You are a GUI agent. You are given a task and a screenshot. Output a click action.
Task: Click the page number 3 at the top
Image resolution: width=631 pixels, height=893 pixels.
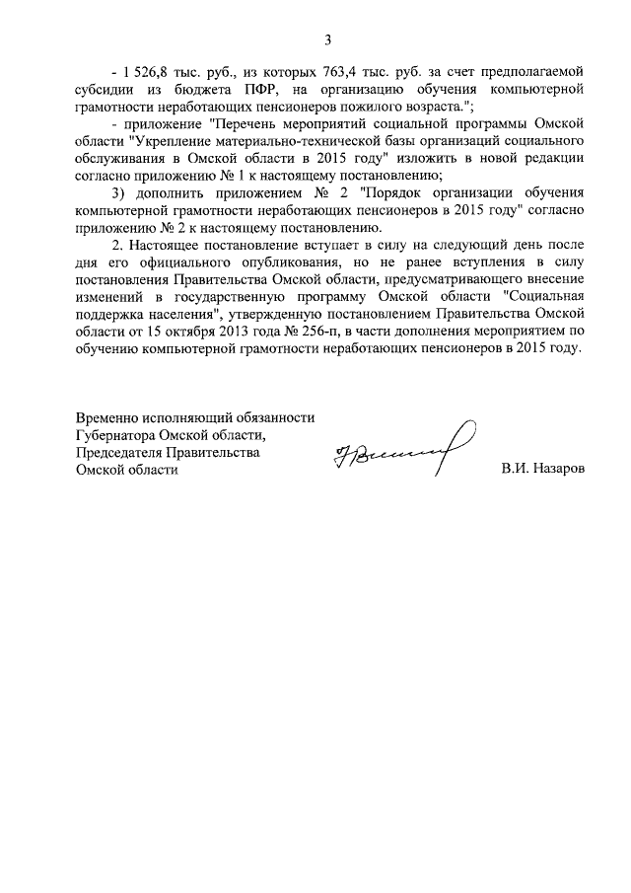click(327, 39)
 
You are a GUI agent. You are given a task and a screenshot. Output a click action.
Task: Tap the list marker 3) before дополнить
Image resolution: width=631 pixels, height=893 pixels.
click(119, 193)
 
